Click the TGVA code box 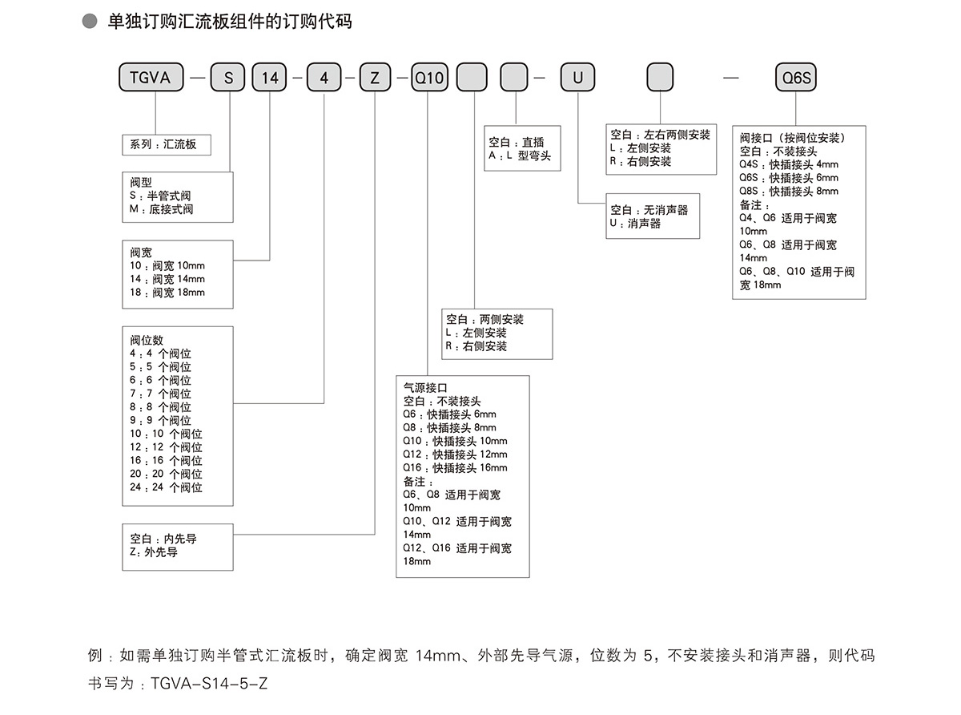tap(151, 78)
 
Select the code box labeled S tap(228, 78)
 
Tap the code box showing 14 tap(271, 78)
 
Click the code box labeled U tap(577, 78)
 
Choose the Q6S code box tap(797, 78)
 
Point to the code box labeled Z tap(374, 78)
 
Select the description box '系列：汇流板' tap(166, 145)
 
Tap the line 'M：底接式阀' tap(161, 209)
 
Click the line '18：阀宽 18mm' tap(167, 293)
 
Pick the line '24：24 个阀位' tap(166, 487)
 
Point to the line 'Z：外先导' tap(154, 552)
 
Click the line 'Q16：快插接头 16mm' tap(455, 468)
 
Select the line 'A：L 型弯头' tap(520, 156)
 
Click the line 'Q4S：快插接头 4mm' tap(788, 164)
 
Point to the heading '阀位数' tap(147, 340)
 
